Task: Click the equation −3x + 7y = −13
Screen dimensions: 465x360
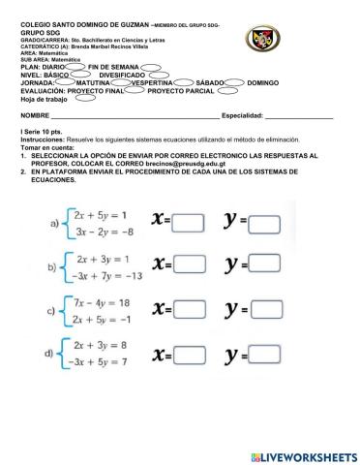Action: coord(107,276)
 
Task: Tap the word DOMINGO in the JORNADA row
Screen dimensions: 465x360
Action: coord(263,83)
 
